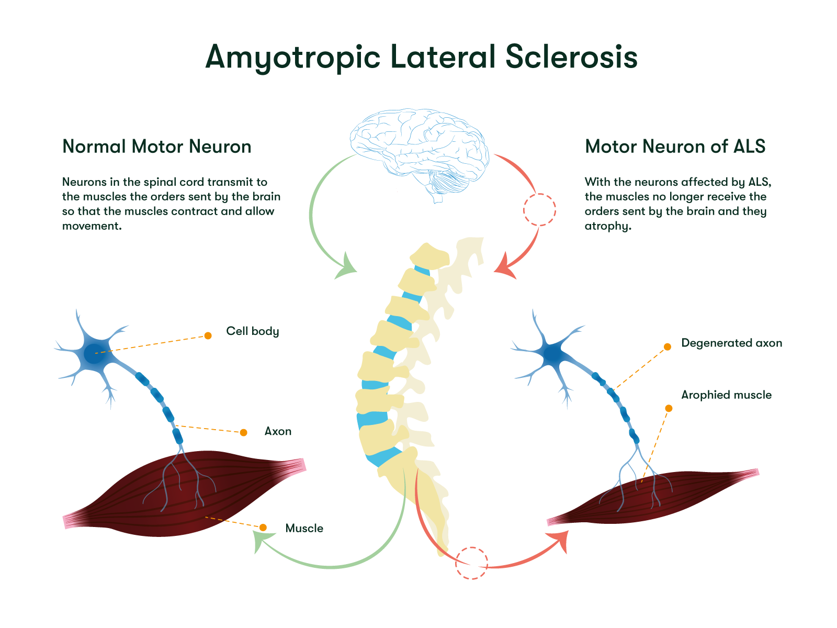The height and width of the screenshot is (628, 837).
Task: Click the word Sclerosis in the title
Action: (571, 57)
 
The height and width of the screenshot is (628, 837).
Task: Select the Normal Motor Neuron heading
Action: (156, 147)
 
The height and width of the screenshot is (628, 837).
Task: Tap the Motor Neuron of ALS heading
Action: (675, 147)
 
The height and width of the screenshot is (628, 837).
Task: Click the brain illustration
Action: (418, 152)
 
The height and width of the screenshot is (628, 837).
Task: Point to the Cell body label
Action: (252, 331)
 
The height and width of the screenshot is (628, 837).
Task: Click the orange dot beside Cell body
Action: (208, 335)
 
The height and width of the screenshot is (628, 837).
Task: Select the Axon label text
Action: (278, 431)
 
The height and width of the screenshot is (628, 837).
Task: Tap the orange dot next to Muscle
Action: (263, 527)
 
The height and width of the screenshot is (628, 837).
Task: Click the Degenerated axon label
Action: (731, 343)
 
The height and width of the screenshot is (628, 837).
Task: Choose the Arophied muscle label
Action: (726, 395)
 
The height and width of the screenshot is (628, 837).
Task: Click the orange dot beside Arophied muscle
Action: (669, 408)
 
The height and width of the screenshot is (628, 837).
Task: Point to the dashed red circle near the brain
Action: (539, 210)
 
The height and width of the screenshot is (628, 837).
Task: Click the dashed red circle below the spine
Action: (471, 563)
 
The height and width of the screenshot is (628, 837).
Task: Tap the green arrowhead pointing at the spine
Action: (346, 267)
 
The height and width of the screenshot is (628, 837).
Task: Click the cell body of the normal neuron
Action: (94, 353)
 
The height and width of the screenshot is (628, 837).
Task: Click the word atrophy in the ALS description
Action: (607, 226)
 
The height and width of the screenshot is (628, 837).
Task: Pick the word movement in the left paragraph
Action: (91, 226)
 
